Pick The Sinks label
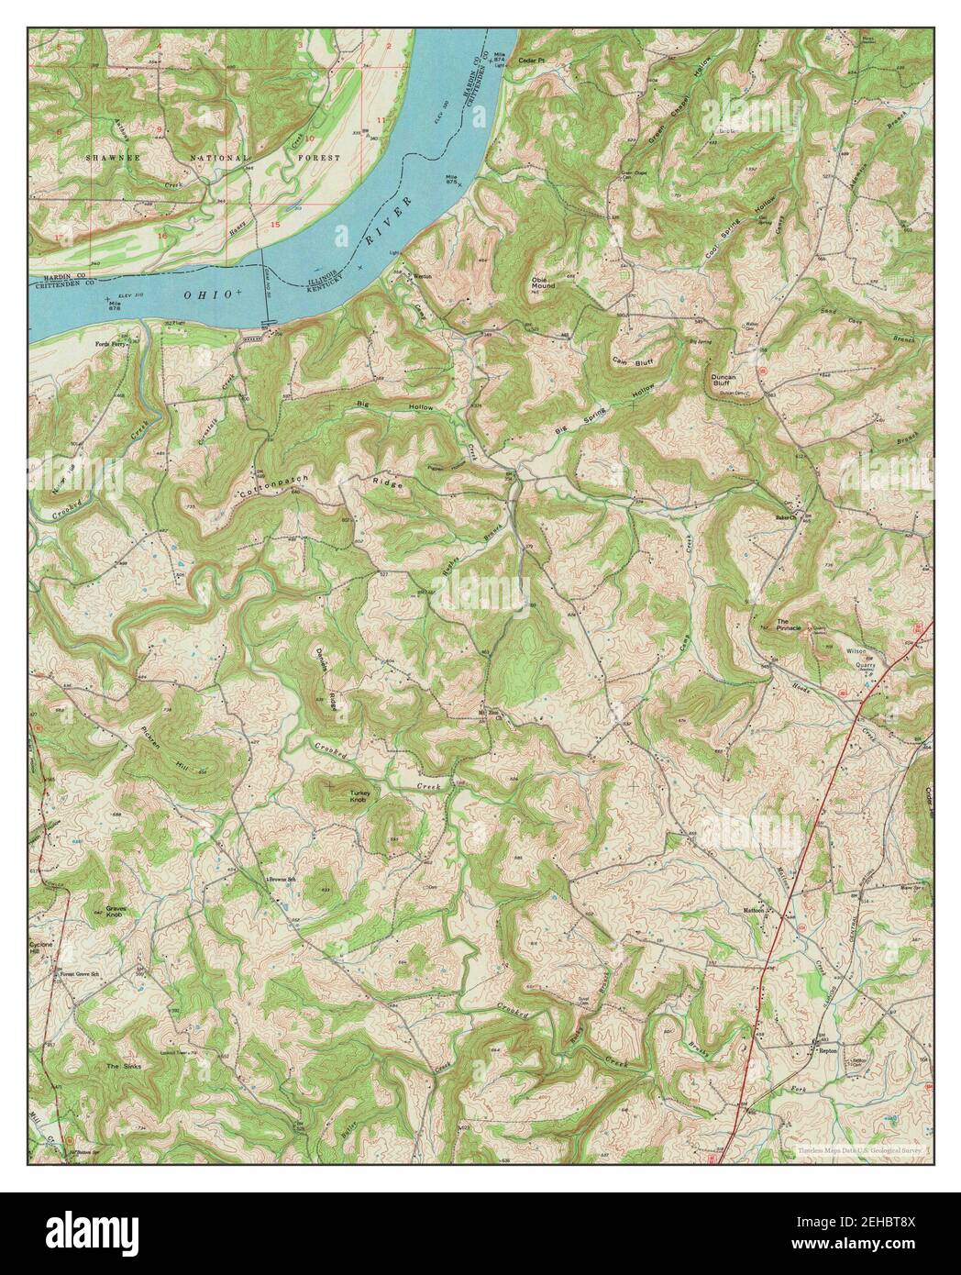pos(122,1067)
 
